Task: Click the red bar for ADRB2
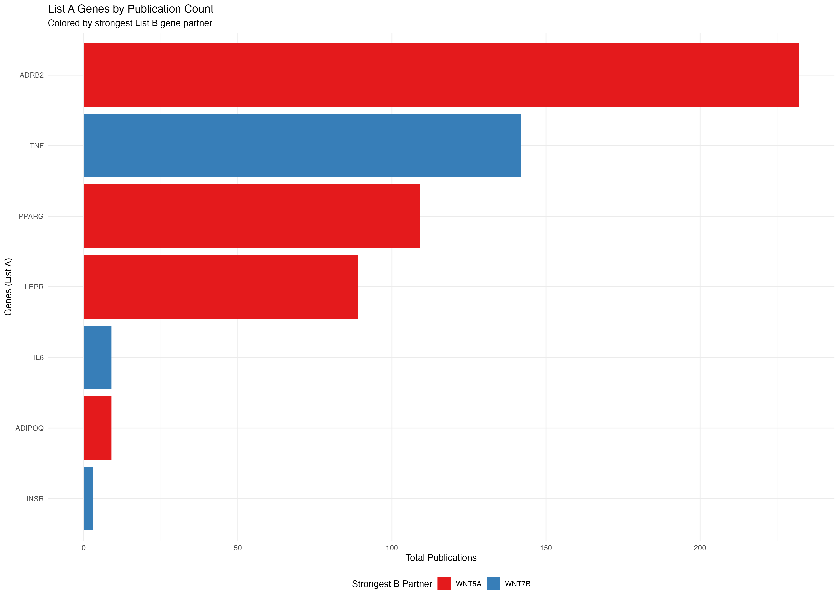click(x=441, y=75)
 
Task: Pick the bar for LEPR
click(x=221, y=287)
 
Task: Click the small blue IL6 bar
click(x=97, y=357)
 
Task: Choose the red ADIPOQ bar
click(x=97, y=428)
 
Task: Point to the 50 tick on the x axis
click(x=238, y=548)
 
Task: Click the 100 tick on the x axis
click(x=392, y=548)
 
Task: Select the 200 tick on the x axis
click(x=700, y=548)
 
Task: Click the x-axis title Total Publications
click(x=441, y=558)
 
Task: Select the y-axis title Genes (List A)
click(x=8, y=287)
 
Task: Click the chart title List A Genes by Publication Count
click(x=131, y=9)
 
